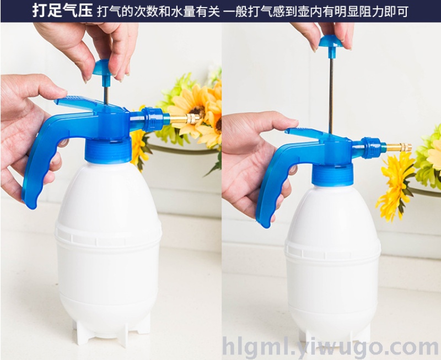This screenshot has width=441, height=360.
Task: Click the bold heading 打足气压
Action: (62, 11)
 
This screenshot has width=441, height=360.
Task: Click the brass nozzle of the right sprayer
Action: (399, 147)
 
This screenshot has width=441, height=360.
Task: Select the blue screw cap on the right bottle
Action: (332, 175)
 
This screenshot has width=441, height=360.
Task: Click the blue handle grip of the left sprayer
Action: (42, 158)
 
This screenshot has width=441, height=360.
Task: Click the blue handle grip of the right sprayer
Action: (273, 183)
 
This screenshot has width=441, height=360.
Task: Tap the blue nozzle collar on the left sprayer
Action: (153, 119)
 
